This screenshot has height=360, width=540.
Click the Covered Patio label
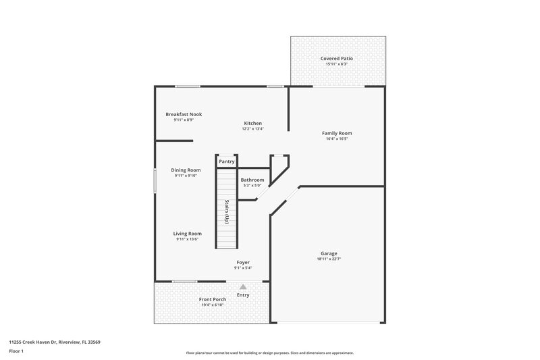337,59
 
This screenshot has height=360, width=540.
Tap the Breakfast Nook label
184,114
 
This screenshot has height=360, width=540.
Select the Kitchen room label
253,123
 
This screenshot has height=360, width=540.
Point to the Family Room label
337,133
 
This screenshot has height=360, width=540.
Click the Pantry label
227,161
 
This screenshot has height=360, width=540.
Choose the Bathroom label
252,180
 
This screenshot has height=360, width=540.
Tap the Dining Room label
186,170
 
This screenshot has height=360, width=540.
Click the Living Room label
187,233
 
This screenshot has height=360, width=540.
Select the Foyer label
243,262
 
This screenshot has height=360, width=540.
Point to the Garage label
329,253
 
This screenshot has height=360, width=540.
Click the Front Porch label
212,299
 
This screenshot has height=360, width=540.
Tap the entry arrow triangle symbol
243,286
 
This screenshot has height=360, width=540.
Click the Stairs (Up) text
227,212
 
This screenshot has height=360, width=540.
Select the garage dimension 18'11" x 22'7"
329,259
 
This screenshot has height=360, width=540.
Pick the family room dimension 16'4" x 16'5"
337,139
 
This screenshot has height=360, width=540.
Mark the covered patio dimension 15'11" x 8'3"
337,65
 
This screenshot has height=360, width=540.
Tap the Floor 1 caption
16,352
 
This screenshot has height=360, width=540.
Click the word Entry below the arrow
243,294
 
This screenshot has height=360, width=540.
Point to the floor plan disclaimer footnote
269,353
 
